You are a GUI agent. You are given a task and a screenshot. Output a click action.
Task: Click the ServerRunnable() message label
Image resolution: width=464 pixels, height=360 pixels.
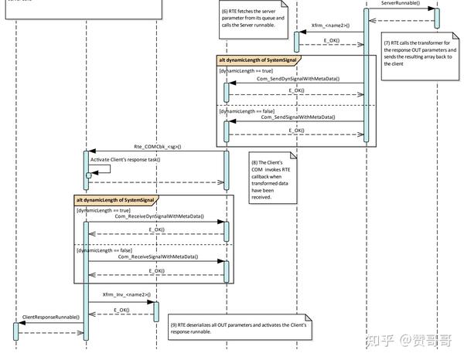click(x=401, y=4)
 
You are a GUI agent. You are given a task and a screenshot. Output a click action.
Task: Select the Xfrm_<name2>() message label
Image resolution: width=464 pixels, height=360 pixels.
click(x=329, y=25)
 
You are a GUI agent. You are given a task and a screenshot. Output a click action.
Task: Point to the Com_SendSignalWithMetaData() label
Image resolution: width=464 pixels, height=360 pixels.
click(x=298, y=117)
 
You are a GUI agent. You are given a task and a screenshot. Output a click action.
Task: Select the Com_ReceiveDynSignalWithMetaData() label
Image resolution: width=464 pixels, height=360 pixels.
click(x=159, y=217)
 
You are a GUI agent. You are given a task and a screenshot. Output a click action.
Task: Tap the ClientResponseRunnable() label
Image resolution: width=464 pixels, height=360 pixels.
click(x=50, y=318)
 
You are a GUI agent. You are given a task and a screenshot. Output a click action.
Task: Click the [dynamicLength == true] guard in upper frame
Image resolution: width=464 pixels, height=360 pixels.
click(x=246, y=70)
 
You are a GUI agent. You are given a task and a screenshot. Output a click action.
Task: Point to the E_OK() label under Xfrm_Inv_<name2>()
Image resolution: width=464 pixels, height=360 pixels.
click(x=121, y=310)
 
